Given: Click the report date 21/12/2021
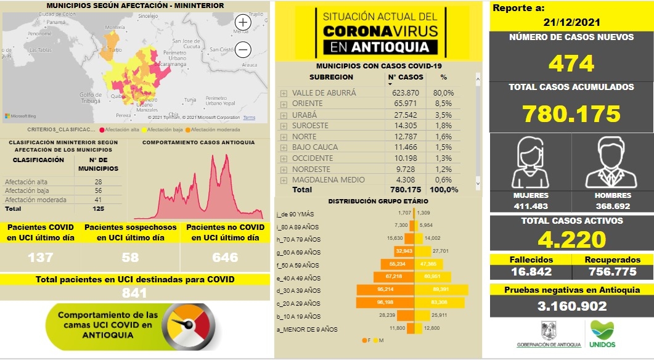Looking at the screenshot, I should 571,22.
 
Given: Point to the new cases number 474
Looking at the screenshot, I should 571,63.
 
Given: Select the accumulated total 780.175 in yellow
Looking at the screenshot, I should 571,113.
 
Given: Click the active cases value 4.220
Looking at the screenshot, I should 571,239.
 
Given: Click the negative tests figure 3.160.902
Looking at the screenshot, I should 571,306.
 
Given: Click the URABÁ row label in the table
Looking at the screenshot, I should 304,115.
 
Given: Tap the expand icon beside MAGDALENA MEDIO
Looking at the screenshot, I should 284,181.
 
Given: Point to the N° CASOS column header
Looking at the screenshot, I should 406,78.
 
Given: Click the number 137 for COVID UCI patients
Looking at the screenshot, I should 41,256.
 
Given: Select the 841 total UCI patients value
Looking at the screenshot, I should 134,293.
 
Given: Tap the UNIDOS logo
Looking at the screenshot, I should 602,335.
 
